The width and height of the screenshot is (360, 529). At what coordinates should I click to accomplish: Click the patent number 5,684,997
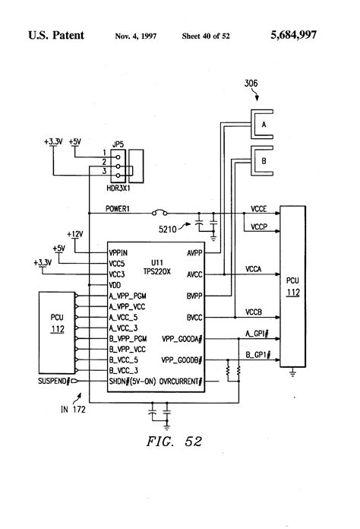pos(294,35)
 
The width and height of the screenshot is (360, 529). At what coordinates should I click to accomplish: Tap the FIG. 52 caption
pos(174,442)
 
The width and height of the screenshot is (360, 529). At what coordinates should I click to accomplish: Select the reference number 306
pos(251,83)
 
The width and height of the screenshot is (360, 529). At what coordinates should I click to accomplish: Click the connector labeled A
pos(261,124)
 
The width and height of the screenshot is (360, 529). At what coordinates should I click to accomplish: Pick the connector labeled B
pos(261,161)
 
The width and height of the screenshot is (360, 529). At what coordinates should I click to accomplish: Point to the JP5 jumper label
pos(118,144)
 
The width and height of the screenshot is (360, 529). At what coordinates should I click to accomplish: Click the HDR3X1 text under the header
pos(118,188)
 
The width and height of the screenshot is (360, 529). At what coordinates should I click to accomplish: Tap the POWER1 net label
pos(117,209)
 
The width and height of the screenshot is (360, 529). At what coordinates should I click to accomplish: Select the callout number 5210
pos(168,230)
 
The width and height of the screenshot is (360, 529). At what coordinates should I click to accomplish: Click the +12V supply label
pos(75,234)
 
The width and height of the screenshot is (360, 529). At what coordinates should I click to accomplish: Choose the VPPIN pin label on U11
pos(118,252)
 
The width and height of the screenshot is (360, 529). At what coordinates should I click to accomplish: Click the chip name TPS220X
pos(157,271)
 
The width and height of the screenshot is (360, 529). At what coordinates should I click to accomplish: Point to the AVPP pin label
pos(194,252)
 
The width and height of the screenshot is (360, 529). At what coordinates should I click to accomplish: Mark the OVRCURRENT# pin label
pos(181,382)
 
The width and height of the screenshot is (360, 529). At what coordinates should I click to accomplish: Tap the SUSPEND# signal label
pos(54,382)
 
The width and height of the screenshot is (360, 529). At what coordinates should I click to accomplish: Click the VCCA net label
pos(253,269)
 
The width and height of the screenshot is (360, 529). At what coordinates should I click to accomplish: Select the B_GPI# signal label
pos(257,355)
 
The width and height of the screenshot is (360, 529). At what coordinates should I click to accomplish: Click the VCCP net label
pos(259,226)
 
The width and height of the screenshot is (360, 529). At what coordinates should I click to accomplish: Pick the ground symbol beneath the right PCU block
pos(292,372)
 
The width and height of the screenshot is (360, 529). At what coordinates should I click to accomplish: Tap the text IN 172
pos(73,409)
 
